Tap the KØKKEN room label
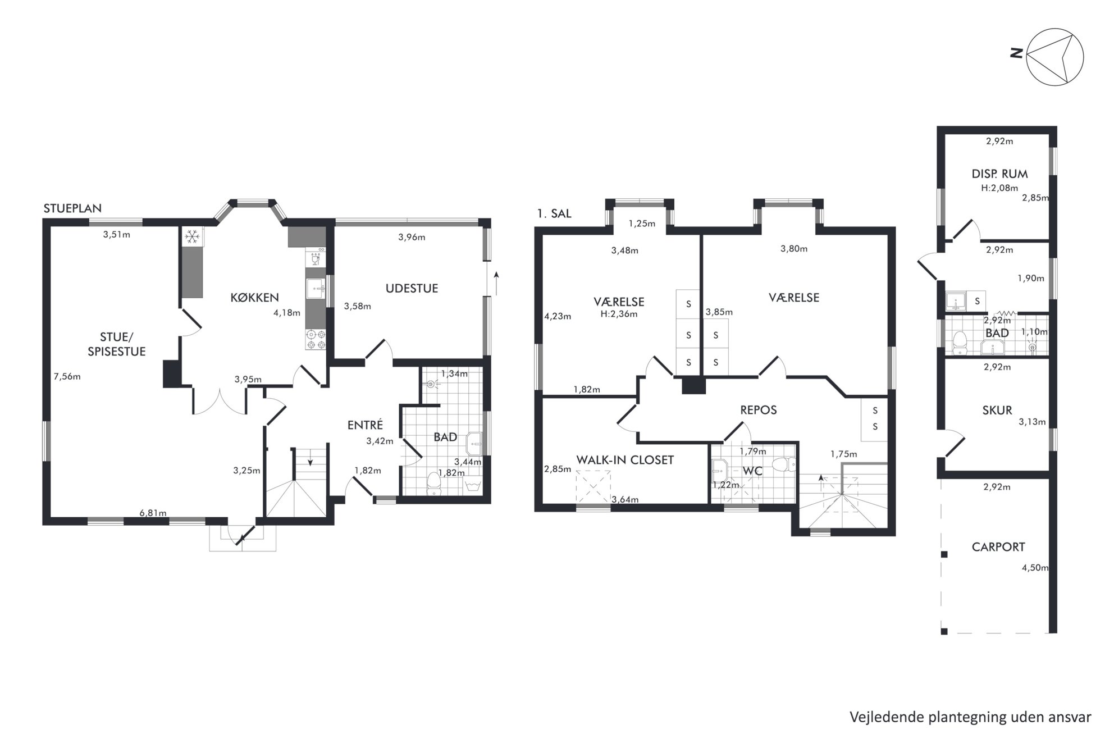[254, 298]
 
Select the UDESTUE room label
[412, 289]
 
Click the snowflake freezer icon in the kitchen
[193, 238]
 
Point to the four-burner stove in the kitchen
[315, 339]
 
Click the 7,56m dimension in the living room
[67, 377]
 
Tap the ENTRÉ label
[365, 425]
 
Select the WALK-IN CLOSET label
[625, 460]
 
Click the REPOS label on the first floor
[759, 410]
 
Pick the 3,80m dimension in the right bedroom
[794, 249]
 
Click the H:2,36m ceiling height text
[619, 314]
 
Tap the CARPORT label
[998, 547]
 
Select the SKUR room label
[997, 411]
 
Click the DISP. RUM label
[1000, 174]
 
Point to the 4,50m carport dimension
[1035, 568]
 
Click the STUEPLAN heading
[72, 208]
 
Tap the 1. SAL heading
[554, 213]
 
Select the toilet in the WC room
[783, 464]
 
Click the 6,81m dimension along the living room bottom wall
[153, 513]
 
